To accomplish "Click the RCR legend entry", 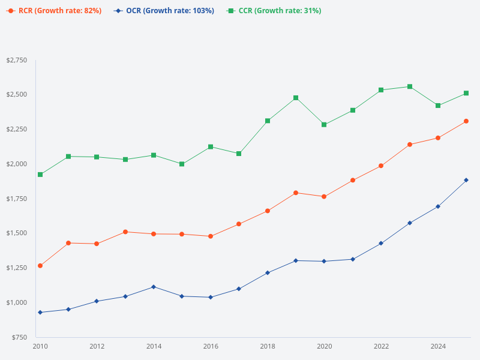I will click(54, 11).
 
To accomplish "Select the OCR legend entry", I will click(164, 11).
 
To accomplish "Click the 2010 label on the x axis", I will click(40, 346).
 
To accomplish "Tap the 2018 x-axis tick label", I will click(268, 346).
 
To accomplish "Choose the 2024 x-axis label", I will click(438, 346).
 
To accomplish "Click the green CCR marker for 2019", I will click(296, 98).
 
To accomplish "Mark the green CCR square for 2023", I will click(410, 86).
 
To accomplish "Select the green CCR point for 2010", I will click(40, 175).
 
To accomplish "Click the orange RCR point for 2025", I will click(466, 121).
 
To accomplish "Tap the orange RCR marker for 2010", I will click(40, 266).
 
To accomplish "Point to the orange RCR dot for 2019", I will click(296, 193).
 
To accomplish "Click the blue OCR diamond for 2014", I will click(154, 287).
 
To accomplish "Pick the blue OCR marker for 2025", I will click(466, 180).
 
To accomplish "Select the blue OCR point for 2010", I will click(40, 313).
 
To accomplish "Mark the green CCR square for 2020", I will click(324, 125).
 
